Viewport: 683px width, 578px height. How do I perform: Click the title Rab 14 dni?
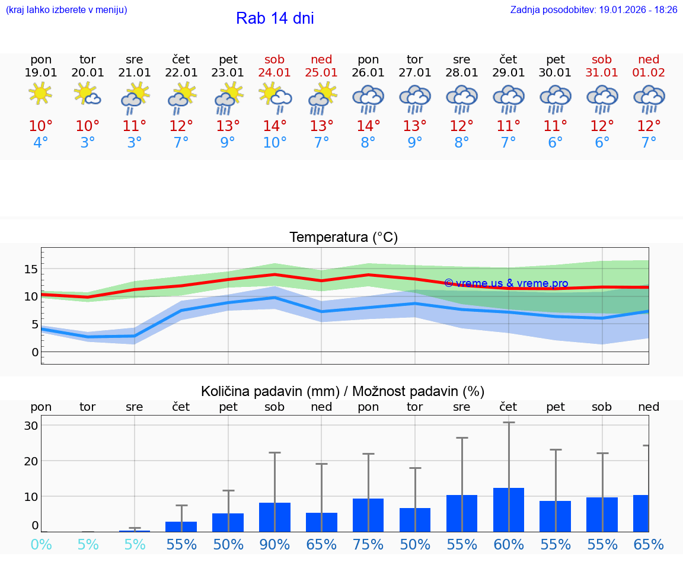pyautogui.click(x=275, y=18)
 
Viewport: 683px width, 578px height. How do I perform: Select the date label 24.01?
pyautogui.click(x=275, y=73)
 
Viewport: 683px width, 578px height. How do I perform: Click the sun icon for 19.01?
pyautogui.click(x=40, y=94)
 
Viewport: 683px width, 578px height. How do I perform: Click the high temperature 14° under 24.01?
pyautogui.click(x=275, y=126)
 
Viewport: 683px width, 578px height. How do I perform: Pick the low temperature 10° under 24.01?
pyautogui.click(x=275, y=142)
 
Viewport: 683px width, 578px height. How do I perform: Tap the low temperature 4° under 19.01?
pyautogui.click(x=40, y=142)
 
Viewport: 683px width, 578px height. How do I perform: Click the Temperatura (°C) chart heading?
pyautogui.click(x=343, y=238)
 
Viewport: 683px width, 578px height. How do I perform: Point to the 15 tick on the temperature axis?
pyautogui.click(x=31, y=269)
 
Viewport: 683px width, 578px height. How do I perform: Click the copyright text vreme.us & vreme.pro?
pyautogui.click(x=506, y=283)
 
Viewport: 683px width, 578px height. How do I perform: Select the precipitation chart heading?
pyautogui.click(x=343, y=391)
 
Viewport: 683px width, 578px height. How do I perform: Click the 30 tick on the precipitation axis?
pyautogui.click(x=31, y=426)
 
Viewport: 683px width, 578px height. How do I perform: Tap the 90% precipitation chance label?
pyautogui.click(x=275, y=544)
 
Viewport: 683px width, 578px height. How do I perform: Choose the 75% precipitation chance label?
pyautogui.click(x=368, y=544)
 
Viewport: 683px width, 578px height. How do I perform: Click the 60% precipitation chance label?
pyautogui.click(x=509, y=544)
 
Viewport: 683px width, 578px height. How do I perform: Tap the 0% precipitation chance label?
pyautogui.click(x=40, y=544)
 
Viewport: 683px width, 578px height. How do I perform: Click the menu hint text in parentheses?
pyautogui.click(x=66, y=9)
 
